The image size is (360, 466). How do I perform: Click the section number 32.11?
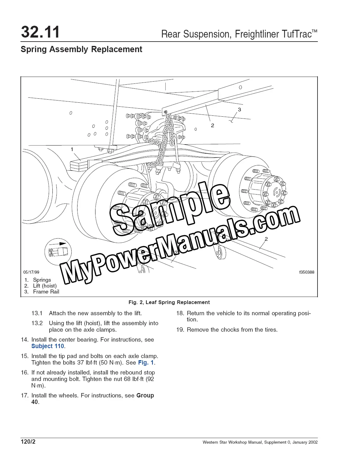point(40,32)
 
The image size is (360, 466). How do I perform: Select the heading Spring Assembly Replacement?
point(82,49)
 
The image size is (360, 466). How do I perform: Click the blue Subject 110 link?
point(47,346)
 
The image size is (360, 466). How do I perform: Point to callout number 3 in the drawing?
point(239,110)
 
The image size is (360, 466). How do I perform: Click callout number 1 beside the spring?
point(72,149)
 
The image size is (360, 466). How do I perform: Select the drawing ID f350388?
point(307,272)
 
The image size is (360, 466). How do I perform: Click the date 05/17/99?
point(31,272)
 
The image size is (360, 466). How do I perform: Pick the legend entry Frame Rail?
point(46,292)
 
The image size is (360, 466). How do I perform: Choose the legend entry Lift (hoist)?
point(45,286)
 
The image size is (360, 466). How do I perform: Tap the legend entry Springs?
point(42,280)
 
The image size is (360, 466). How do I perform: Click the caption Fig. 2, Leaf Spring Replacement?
point(169,302)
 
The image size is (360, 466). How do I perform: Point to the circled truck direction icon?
point(58,252)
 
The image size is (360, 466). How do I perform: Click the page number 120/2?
point(28,441)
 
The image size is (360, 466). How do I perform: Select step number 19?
point(180,329)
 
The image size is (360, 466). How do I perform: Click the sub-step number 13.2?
point(37,323)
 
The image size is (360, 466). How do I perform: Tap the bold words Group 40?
point(93,399)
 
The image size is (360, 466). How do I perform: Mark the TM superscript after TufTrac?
point(314,31)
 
